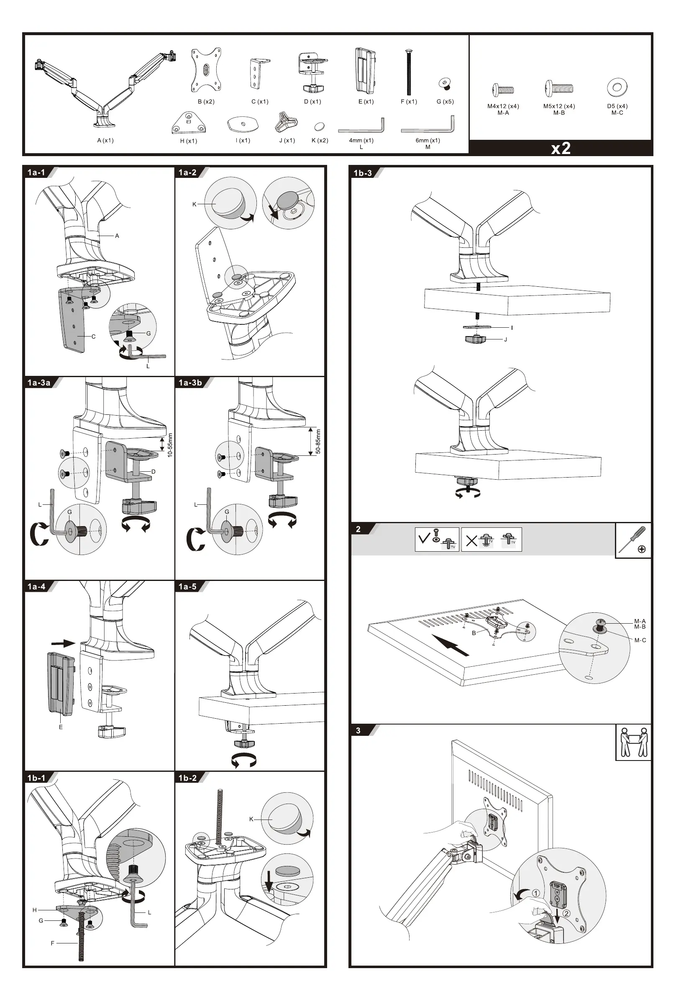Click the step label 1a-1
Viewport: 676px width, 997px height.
pos(36,172)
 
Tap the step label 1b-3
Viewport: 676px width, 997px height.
pos(363,173)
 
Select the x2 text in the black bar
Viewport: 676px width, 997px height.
pos(561,148)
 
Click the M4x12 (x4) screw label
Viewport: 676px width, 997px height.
pos(503,106)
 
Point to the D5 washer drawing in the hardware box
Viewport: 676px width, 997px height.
pos(617,87)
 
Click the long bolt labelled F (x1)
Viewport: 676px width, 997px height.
pos(409,72)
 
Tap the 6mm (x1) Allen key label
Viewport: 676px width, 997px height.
pos(428,140)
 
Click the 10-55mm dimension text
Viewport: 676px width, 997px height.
pos(170,445)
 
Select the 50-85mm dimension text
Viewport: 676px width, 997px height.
pos(318,442)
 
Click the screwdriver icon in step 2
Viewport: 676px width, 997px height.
pos(633,540)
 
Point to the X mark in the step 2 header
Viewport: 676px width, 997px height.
pos(471,541)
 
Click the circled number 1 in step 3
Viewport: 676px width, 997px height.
pos(536,893)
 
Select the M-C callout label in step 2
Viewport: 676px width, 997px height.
pos(640,640)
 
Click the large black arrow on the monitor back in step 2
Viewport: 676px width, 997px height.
pos(450,645)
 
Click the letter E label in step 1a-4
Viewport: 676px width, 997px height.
pos(61,727)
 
